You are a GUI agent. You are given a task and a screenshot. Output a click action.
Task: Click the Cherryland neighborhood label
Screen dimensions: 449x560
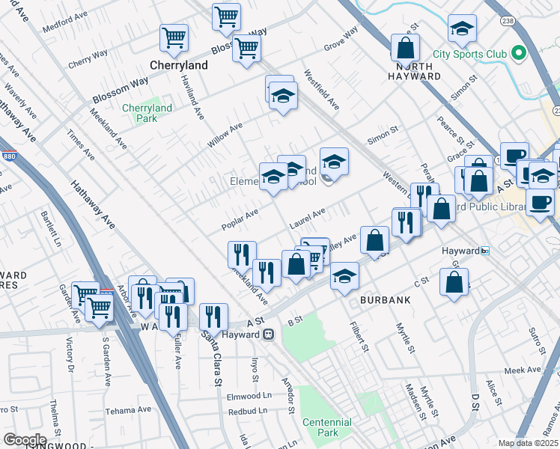pos(179,65)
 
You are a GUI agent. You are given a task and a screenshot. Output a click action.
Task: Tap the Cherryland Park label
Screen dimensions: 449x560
pos(147,113)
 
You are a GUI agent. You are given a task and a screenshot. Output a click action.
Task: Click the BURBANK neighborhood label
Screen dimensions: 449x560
pos(385,299)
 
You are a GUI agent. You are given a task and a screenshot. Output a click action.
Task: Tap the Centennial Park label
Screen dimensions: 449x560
pos(327,427)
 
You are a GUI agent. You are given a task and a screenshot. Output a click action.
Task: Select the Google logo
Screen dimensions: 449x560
pos(25,439)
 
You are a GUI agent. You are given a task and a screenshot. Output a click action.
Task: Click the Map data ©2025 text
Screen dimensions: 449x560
pos(528,443)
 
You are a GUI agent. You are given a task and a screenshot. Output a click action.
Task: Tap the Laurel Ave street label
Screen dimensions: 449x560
pos(308,219)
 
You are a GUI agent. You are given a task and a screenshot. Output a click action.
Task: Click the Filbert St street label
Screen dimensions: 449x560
pos(362,337)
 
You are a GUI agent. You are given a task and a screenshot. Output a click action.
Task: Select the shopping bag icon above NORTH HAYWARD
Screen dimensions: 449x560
pos(405,47)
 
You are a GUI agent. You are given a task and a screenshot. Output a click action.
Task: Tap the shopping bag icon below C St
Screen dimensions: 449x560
pos(454,282)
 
